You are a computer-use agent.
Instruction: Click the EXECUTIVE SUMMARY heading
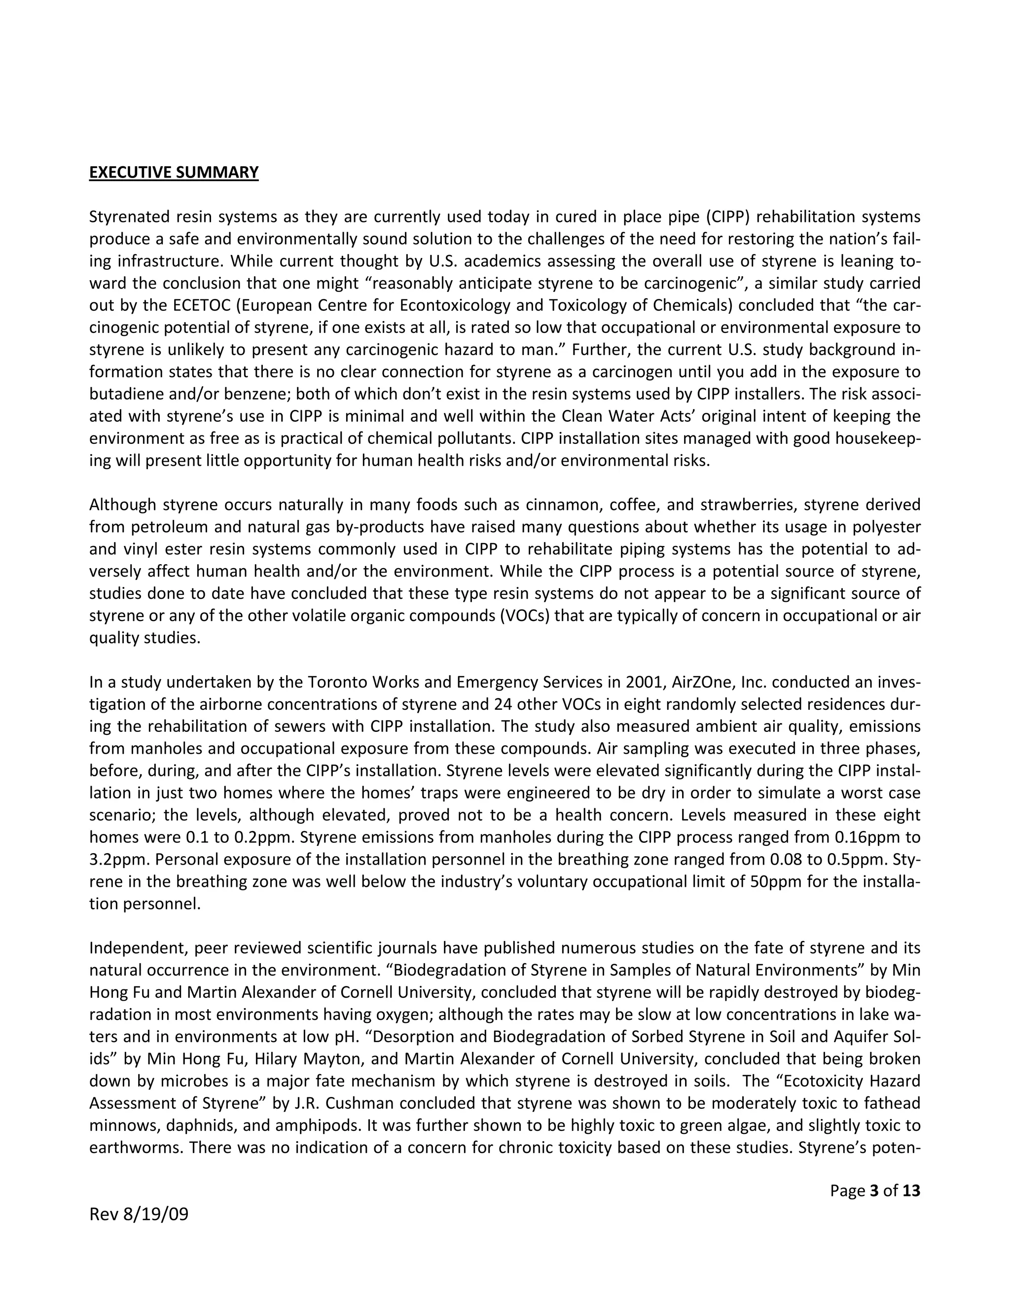(x=174, y=172)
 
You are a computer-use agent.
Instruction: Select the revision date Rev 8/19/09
(x=139, y=1214)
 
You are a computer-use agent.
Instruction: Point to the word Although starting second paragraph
(x=122, y=505)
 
